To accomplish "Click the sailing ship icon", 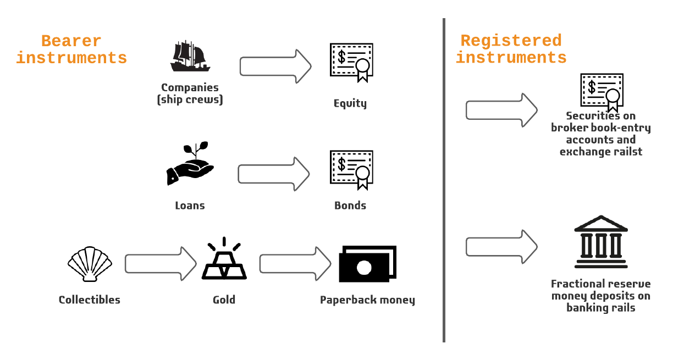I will [190, 57].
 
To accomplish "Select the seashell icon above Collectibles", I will [90, 264].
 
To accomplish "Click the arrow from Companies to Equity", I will [275, 67].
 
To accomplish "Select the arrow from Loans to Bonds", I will [274, 174].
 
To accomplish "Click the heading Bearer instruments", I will [71, 49].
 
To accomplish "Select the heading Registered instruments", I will [511, 49].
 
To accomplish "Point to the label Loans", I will [190, 206].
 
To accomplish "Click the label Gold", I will [224, 300].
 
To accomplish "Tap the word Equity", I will [350, 103].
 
